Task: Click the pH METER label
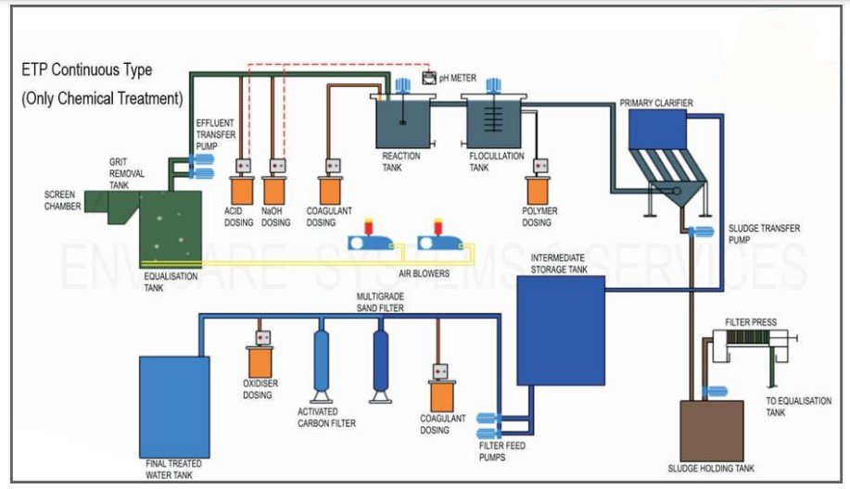click(x=458, y=79)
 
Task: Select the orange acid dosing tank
click(x=242, y=191)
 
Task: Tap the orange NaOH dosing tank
click(x=274, y=191)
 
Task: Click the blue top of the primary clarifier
click(x=657, y=131)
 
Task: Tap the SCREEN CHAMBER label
click(x=63, y=200)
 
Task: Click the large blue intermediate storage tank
click(x=560, y=330)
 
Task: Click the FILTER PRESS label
click(x=751, y=322)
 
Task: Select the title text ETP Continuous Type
click(x=87, y=70)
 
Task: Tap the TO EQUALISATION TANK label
click(x=789, y=407)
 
